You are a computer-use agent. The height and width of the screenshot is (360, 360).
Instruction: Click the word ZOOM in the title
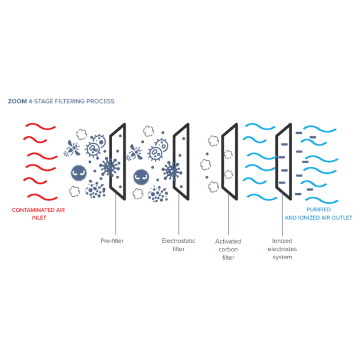coord(16,101)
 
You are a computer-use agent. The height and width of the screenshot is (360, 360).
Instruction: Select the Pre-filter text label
coord(112,241)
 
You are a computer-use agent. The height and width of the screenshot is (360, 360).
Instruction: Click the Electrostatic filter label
coord(175,244)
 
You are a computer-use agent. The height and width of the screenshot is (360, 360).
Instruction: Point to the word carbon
coord(227,249)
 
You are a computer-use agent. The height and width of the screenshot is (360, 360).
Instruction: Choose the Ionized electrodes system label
coord(281,249)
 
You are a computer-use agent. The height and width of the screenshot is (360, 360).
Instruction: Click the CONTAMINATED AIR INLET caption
coord(37,214)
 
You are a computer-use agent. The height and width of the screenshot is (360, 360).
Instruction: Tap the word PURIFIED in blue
coord(318,210)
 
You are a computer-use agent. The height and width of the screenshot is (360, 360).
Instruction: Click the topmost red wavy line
coord(39,127)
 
